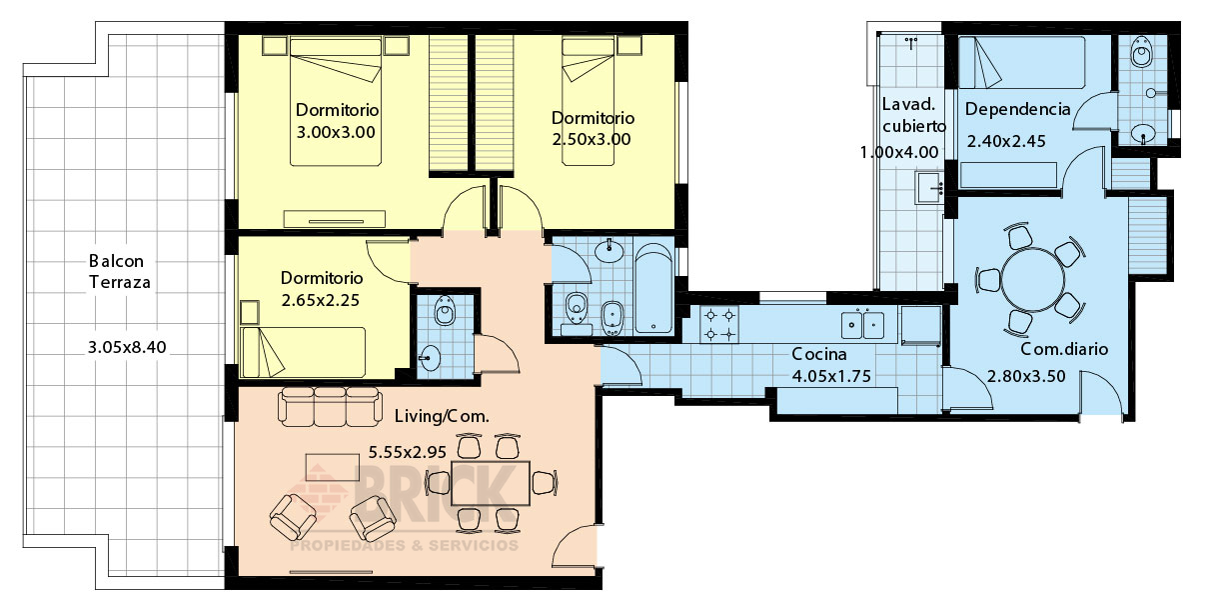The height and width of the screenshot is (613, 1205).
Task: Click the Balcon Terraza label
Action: (x=120, y=271)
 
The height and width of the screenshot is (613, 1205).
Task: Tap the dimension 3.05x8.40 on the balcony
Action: (x=127, y=347)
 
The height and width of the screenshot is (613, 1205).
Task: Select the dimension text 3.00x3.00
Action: (x=336, y=132)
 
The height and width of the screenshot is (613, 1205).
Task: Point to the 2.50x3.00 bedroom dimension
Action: (x=592, y=139)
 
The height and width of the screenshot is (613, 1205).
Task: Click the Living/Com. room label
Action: (x=442, y=416)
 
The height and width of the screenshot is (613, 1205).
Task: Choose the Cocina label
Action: (x=819, y=354)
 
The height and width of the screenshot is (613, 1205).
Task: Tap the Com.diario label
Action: (x=1064, y=349)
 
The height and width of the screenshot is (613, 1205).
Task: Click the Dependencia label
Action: (x=1018, y=109)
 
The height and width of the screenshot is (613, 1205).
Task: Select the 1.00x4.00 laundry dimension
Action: (x=899, y=153)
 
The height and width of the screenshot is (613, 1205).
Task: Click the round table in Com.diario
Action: (x=1033, y=280)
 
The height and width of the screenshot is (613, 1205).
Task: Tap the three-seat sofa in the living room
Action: (x=330, y=406)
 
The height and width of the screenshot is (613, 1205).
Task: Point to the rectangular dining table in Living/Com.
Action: (x=490, y=483)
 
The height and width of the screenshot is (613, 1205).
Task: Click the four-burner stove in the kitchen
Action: (x=719, y=325)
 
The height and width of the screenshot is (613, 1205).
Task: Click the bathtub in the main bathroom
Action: (x=653, y=288)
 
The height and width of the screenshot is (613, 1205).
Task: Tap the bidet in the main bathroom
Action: (x=611, y=318)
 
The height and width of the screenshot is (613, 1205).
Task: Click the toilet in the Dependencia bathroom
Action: (x=1140, y=52)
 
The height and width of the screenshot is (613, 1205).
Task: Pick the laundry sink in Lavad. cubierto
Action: (x=929, y=188)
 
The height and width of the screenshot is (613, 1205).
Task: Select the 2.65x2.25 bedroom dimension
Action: (x=320, y=300)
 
